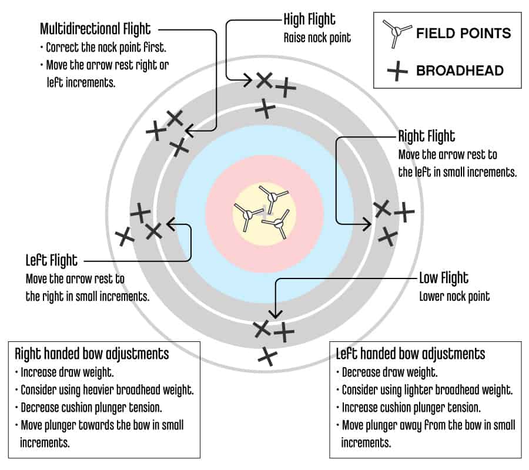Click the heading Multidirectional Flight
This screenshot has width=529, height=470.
pyautogui.click(x=95, y=29)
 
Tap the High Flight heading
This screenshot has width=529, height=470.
pyautogui.click(x=309, y=19)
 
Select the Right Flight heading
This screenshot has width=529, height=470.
pyautogui.click(x=427, y=136)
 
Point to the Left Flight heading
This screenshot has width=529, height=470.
pyautogui.click(x=52, y=260)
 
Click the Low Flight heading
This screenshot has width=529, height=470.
pyautogui.click(x=444, y=278)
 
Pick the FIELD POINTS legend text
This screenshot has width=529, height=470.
pyautogui.click(x=464, y=33)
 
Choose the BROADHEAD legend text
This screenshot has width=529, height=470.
pyautogui.click(x=460, y=70)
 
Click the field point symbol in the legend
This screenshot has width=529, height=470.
pyautogui.click(x=397, y=33)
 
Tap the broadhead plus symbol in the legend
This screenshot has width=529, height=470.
pyautogui.click(x=397, y=71)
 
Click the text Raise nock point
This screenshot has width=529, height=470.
pyautogui.click(x=317, y=38)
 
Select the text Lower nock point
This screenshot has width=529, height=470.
pyautogui.click(x=454, y=297)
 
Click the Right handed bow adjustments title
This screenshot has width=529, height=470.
pyautogui.click(x=92, y=354)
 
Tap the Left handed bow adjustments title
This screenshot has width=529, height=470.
pyautogui.click(x=411, y=354)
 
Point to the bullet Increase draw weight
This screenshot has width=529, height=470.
pyautogui.click(x=65, y=372)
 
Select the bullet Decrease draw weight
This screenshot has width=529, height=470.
pyautogui.click(x=387, y=372)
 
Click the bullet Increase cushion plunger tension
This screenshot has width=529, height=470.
pyautogui.click(x=409, y=408)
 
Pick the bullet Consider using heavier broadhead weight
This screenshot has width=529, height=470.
pyautogui.click(x=104, y=390)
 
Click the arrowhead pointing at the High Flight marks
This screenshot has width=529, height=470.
pyautogui.click(x=248, y=80)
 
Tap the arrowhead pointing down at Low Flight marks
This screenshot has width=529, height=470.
pyautogui.click(x=276, y=314)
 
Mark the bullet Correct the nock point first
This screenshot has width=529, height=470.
pyautogui.click(x=103, y=48)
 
